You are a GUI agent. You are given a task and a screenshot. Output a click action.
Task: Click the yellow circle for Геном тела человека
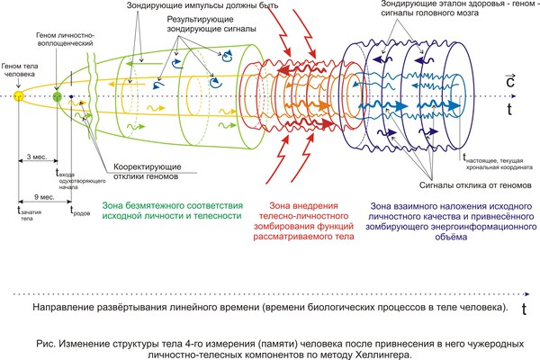click(x=17, y=97)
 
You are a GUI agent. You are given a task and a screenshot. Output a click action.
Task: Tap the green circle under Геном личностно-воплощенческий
click(x=58, y=96)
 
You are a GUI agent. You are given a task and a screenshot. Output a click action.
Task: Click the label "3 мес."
click(x=36, y=156)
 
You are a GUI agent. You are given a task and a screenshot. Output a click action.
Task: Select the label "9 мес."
click(x=40, y=194)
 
